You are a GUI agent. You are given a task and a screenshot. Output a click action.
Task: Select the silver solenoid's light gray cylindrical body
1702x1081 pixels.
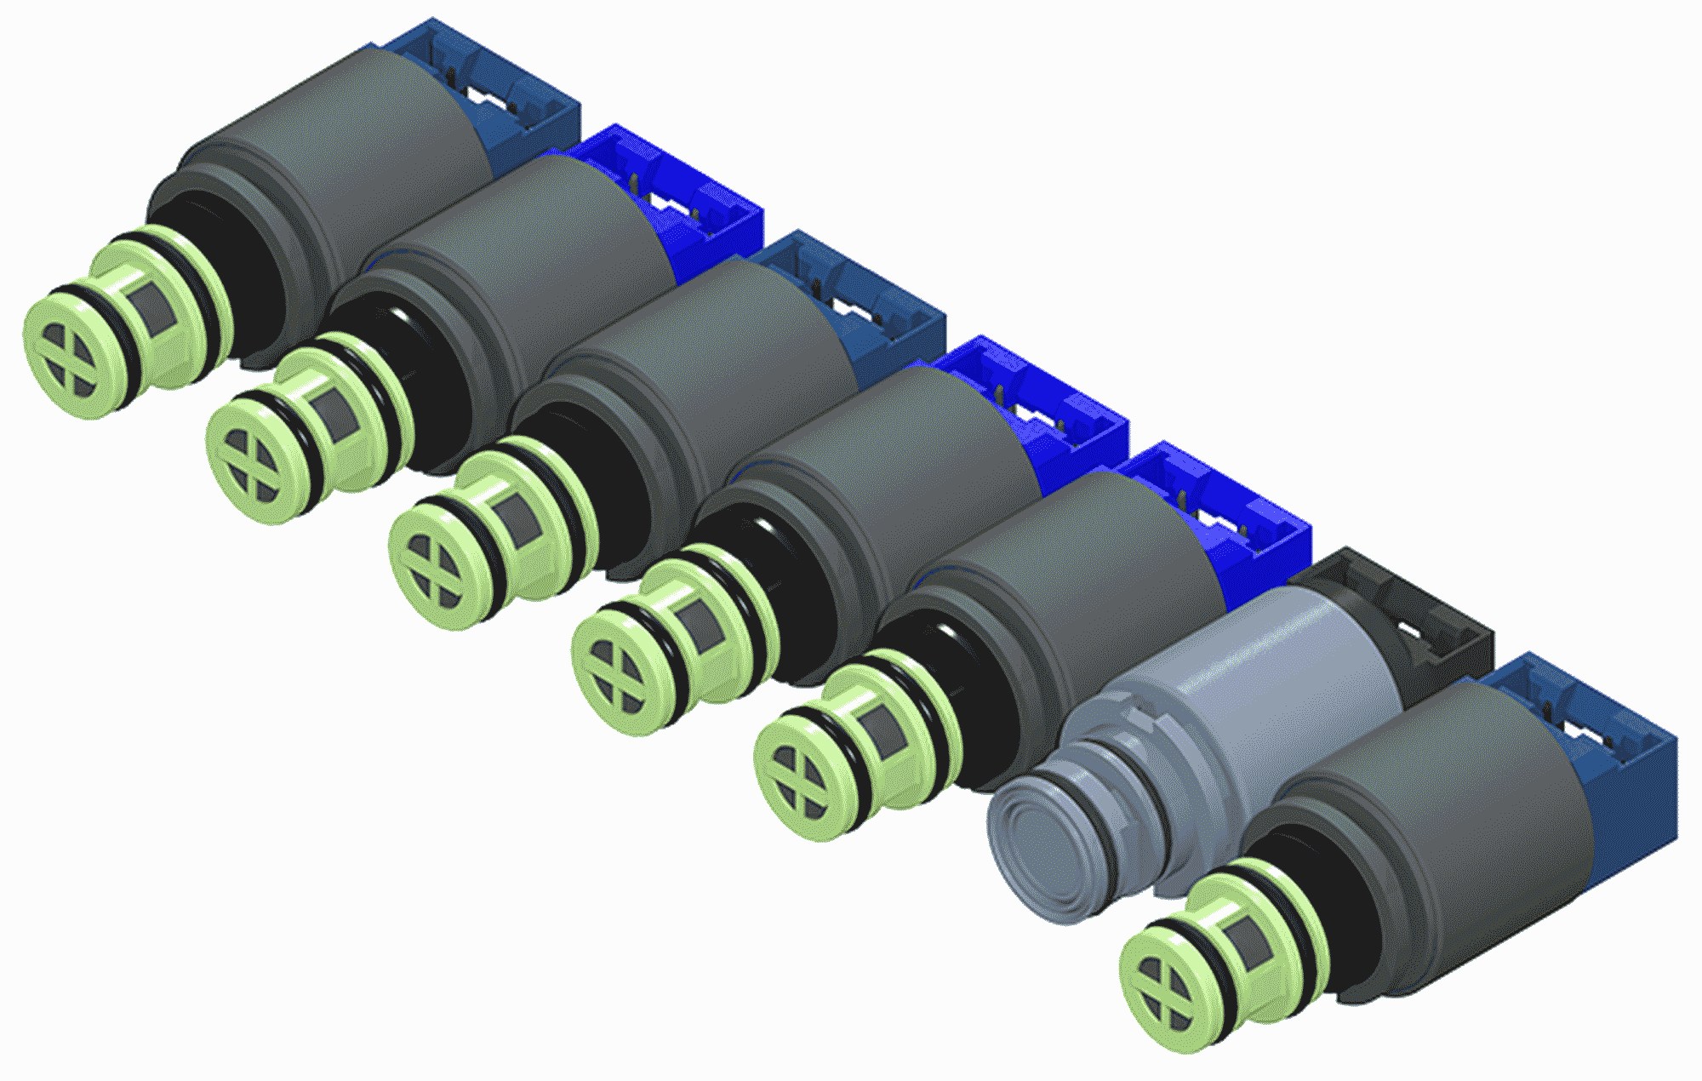point(1276,672)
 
